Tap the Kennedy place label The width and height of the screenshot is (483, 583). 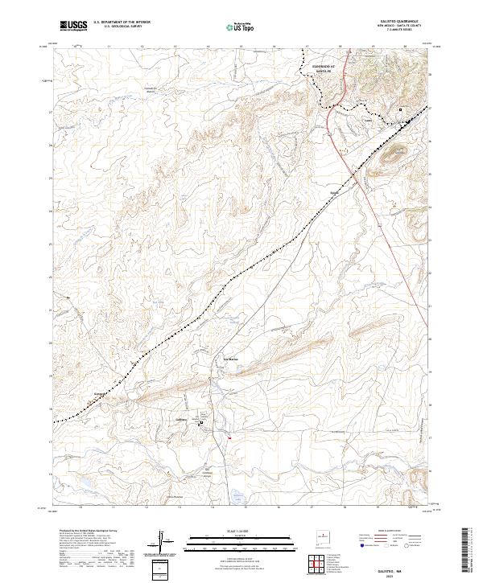(x=101, y=394)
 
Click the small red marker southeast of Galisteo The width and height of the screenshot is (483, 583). (x=230, y=437)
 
